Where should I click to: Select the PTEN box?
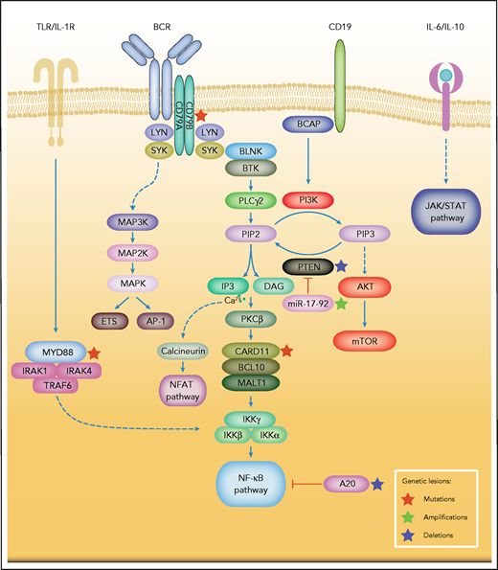[306, 267]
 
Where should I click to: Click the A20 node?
[351, 487]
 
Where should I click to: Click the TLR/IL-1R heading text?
[56, 18]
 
